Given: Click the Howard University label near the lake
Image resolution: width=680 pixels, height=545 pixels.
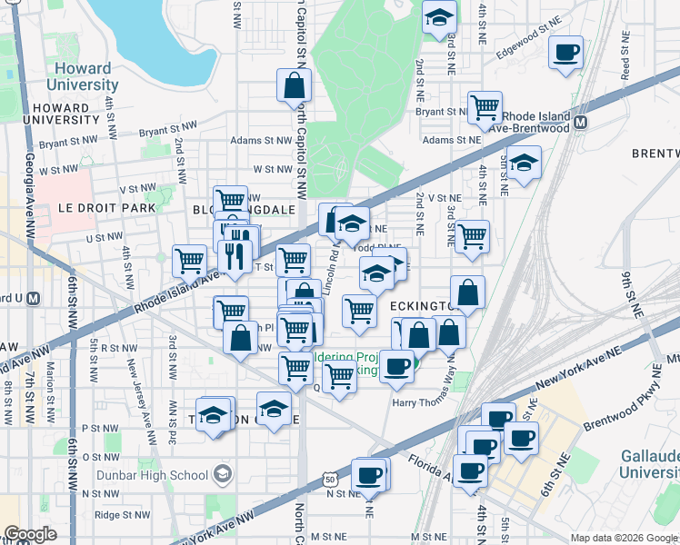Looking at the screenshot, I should pos(82,76).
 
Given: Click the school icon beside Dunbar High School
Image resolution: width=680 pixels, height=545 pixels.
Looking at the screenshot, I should pos(223,473).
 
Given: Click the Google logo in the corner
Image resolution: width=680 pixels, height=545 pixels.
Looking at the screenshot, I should pos(31,534).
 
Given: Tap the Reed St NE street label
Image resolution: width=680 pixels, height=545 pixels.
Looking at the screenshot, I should pos(625,59).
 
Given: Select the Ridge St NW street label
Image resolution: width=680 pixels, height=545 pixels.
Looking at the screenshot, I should pos(121,514).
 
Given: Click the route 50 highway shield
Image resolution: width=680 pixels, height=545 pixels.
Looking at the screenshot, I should pos(329,480).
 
